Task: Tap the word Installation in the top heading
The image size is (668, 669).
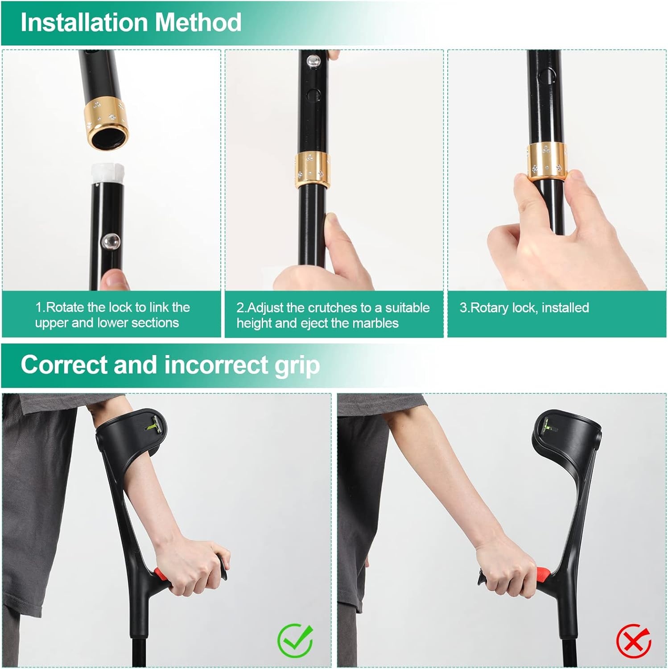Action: (x=84, y=22)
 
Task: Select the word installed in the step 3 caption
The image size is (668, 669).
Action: (x=565, y=308)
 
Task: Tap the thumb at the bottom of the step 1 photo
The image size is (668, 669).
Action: (x=114, y=281)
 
